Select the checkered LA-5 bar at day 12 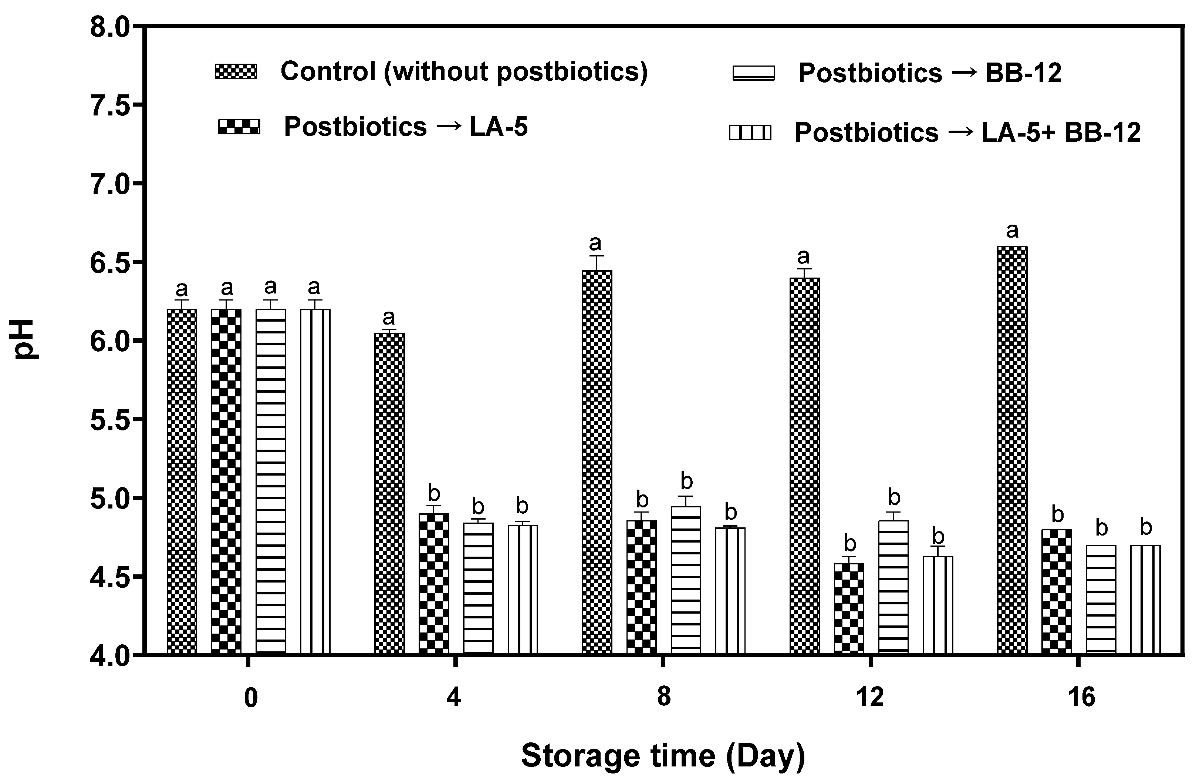[849, 608]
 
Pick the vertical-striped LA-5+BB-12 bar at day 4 [523, 589]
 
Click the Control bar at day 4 [389, 493]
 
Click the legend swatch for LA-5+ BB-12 [750, 133]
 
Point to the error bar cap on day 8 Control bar [597, 256]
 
